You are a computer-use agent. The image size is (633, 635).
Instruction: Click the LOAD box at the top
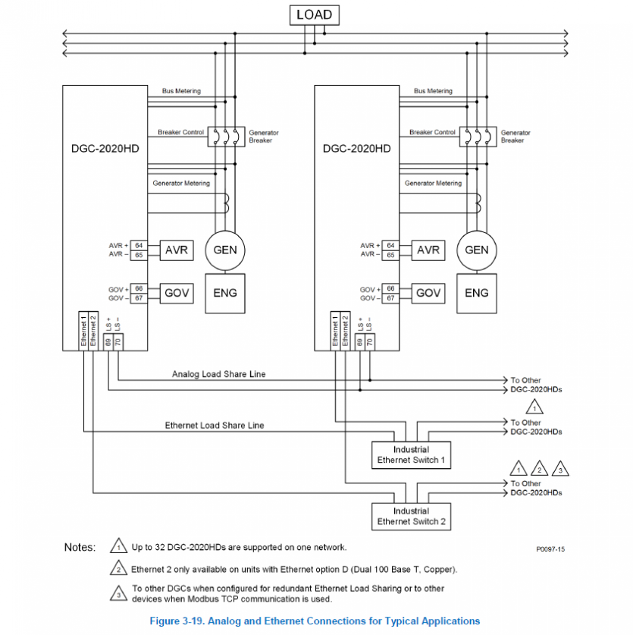click(314, 15)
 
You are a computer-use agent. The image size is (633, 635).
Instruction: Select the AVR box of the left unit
click(176, 250)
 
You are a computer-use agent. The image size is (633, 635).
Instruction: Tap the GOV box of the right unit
click(428, 294)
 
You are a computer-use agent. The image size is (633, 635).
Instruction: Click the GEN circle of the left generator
click(224, 250)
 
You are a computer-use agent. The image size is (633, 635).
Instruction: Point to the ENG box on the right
click(476, 294)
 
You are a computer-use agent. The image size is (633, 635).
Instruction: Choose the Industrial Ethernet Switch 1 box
click(411, 455)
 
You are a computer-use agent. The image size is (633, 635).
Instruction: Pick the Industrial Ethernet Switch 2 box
click(411, 517)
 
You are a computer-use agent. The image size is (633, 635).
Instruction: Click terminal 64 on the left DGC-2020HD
click(139, 246)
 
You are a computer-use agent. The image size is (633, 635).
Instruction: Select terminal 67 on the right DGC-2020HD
click(390, 298)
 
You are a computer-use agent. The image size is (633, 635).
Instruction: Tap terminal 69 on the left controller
click(108, 341)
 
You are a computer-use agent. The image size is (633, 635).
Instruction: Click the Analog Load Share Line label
click(218, 374)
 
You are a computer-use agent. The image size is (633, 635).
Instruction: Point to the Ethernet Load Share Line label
click(215, 426)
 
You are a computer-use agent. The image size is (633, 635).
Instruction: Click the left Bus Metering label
click(181, 91)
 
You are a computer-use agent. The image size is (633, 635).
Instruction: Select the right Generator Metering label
click(433, 183)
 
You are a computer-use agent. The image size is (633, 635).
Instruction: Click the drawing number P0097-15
click(550, 548)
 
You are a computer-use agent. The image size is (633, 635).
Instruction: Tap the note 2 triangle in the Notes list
click(118, 569)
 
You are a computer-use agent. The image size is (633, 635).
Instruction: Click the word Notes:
click(80, 547)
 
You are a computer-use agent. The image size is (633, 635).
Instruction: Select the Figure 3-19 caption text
click(315, 621)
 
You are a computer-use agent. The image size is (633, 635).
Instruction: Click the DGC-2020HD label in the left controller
click(105, 149)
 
